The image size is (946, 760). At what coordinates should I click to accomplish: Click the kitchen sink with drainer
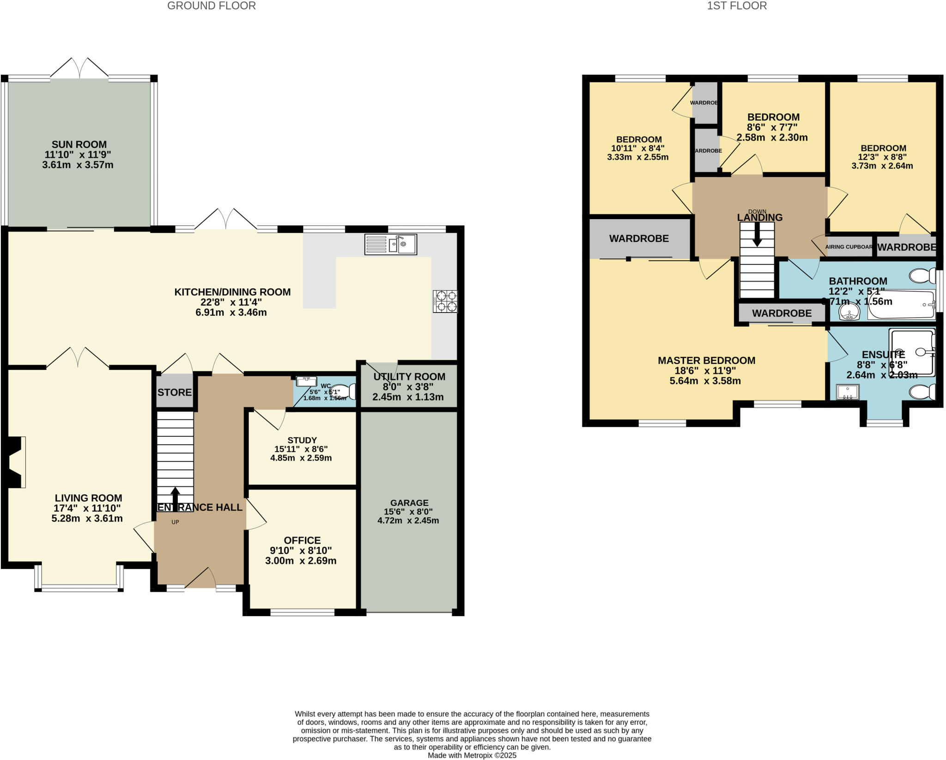tap(390, 244)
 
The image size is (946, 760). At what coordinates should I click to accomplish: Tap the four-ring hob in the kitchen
tap(445, 301)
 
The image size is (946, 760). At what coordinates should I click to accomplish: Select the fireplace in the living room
tap(16, 462)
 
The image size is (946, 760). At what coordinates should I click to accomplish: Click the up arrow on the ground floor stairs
tap(175, 498)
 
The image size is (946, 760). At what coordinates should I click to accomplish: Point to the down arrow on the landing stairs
tap(757, 235)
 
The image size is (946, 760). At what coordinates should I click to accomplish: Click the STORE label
tap(175, 392)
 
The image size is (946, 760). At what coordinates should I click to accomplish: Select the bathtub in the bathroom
tap(901, 305)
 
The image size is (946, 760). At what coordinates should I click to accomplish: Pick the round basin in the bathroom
tap(849, 312)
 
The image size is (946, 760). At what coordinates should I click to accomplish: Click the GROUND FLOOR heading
tap(211, 6)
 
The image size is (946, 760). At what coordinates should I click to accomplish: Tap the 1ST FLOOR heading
tap(737, 6)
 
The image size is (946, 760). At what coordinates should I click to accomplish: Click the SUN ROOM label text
tap(79, 145)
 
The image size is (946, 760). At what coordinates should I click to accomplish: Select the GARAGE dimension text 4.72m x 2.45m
tap(408, 521)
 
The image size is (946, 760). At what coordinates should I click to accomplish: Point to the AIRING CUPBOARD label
tap(849, 247)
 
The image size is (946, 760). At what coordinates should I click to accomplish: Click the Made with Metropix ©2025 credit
tap(472, 755)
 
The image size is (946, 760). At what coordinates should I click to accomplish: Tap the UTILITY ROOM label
tap(409, 377)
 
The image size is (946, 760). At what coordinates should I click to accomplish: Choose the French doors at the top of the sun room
tap(79, 68)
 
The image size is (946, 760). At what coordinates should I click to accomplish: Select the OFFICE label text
tap(302, 540)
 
